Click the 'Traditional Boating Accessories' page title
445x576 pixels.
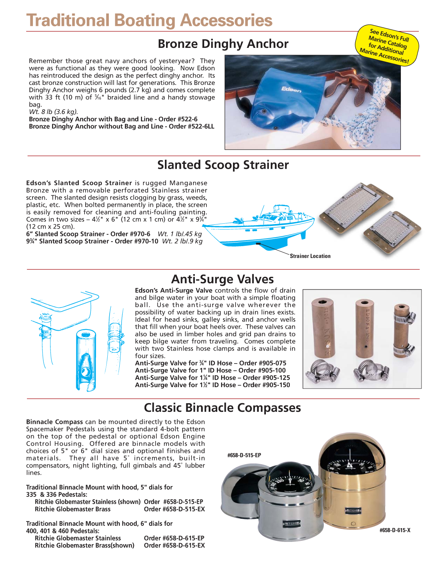149,20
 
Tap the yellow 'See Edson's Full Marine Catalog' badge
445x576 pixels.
387,46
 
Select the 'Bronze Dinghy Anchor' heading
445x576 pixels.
223,44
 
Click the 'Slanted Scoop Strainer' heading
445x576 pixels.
223,165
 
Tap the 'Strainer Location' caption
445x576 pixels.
310,256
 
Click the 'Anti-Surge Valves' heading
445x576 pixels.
222,279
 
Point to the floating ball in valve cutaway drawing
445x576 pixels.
86,372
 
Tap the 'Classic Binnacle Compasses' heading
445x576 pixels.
222,408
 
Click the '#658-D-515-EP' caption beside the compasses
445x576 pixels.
244,455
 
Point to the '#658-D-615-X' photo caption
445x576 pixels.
395,530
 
